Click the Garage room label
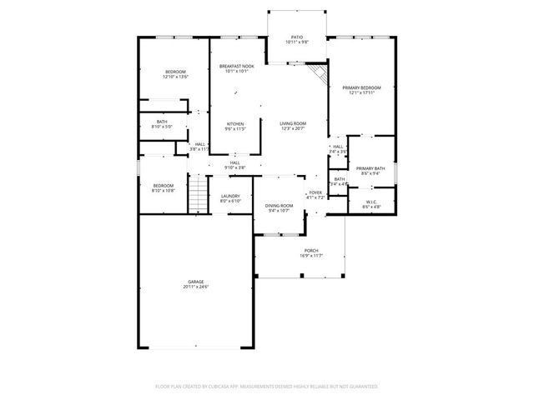tap(195, 282)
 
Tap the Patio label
tap(296, 37)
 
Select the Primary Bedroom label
tap(361, 87)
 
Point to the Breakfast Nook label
tap(235, 66)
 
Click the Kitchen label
tap(235, 124)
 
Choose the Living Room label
tap(293, 123)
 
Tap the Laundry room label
tap(230, 196)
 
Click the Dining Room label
tap(279, 205)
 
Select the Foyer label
tap(315, 192)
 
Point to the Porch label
tap(311, 250)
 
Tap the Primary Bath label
tap(370, 169)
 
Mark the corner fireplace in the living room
tap(317, 77)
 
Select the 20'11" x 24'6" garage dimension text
tap(195, 287)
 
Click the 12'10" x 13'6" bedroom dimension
tap(175, 77)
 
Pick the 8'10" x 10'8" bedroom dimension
tap(163, 190)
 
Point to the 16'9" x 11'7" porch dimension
tap(311, 255)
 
